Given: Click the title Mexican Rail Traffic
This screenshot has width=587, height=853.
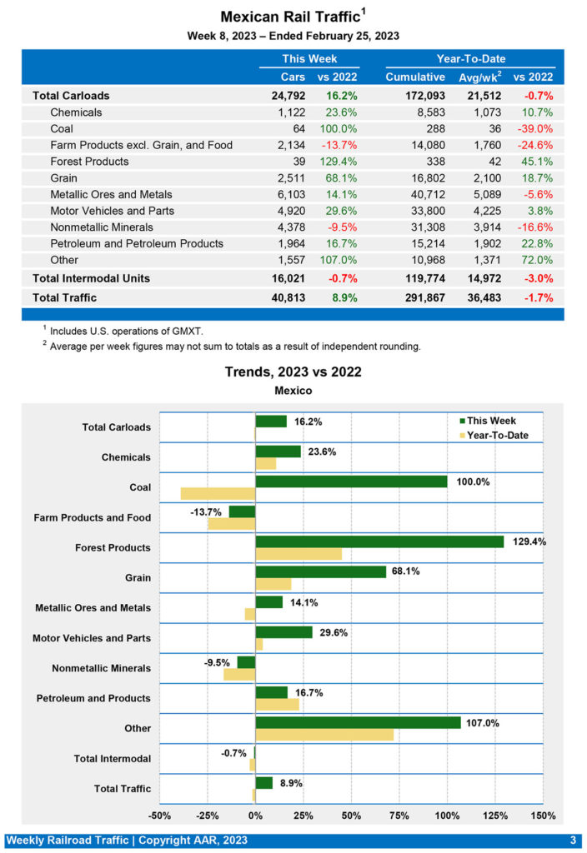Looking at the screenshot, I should [291, 17].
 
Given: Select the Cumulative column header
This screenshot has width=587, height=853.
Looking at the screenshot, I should [414, 77].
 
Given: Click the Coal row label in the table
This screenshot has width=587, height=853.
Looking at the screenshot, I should [61, 129].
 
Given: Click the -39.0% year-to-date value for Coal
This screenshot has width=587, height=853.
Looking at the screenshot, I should [537, 129].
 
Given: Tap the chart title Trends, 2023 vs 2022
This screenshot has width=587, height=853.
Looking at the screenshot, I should [293, 372].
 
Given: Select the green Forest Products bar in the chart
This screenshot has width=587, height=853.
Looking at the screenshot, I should [379, 541].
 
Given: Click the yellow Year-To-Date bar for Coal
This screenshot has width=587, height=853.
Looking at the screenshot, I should [218, 493].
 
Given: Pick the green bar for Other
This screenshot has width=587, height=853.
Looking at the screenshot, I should [358, 722].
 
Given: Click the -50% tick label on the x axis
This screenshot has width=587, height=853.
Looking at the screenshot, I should [159, 815].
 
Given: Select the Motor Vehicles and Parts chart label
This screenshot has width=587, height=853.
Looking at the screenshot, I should [92, 639].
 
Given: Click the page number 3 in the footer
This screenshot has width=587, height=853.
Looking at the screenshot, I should [573, 840].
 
